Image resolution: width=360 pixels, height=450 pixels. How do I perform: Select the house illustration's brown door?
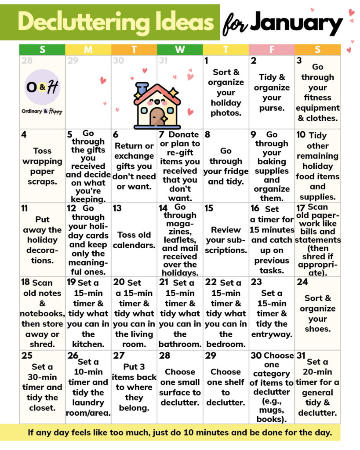coord(156,116)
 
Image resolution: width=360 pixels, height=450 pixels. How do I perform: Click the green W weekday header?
coord(180,50)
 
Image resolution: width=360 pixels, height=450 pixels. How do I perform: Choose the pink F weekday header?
coord(271,50)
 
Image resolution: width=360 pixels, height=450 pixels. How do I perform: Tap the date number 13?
coord(117,208)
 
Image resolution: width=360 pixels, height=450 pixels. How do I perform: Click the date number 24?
coord(302,282)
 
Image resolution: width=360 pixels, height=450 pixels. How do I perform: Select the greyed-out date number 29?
coord(73,61)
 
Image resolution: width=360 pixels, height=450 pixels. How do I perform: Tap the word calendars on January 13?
coord(134,245)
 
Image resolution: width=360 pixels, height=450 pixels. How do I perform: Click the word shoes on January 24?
coord(317,329)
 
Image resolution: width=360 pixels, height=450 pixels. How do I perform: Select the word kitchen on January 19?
coord(88,344)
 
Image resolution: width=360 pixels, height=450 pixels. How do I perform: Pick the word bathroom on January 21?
coord(180,344)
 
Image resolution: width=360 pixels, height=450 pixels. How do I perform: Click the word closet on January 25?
coord(42,408)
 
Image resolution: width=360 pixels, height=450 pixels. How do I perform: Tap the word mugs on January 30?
coord(272,410)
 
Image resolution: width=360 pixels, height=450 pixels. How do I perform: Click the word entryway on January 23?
coord(272,334)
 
